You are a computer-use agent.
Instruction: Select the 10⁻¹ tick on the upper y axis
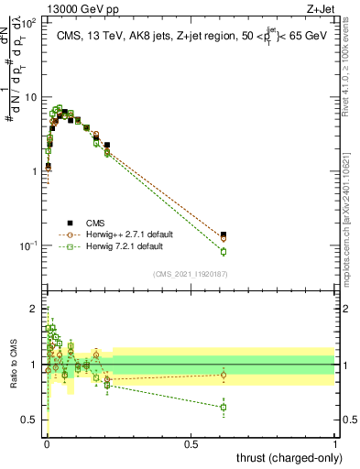(x=31, y=245)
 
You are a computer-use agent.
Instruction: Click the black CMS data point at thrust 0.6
(x=224, y=234)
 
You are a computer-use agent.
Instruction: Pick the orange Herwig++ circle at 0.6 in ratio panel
(x=224, y=375)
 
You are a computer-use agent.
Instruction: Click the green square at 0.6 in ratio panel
(x=224, y=407)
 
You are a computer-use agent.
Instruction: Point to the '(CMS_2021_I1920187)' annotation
(x=189, y=274)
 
